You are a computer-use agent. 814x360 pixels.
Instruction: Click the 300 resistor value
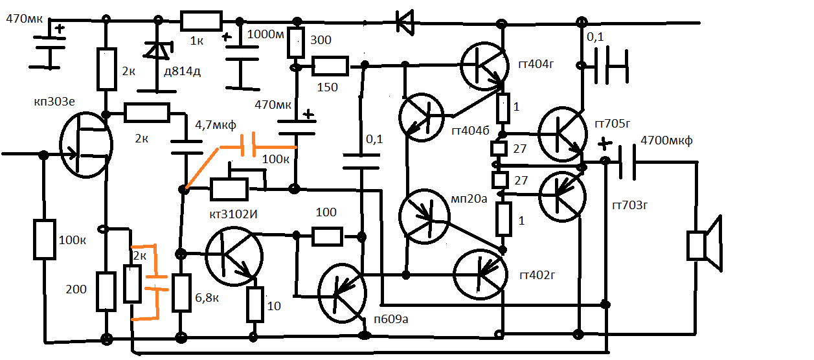[321, 40]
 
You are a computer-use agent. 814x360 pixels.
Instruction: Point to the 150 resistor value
[327, 87]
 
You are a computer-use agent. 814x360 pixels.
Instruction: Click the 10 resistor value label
[274, 306]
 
